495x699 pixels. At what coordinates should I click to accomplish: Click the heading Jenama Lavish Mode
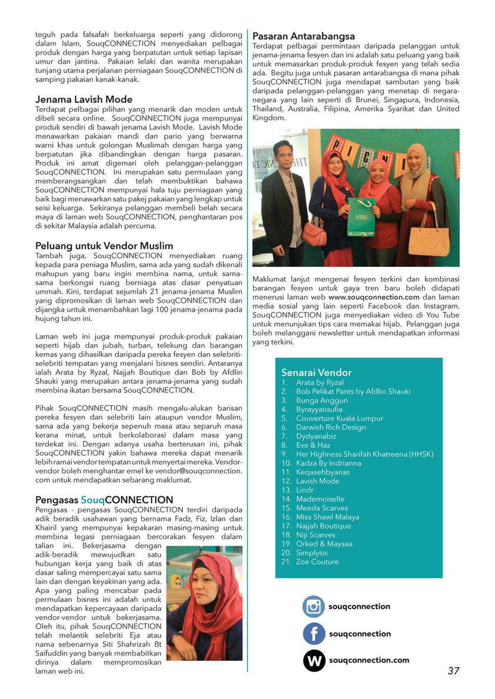tap(84, 99)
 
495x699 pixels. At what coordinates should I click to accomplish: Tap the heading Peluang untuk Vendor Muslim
tap(104, 245)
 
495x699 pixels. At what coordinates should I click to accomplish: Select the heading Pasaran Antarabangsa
tap(303, 36)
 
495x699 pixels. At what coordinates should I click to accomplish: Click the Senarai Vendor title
tap(316, 372)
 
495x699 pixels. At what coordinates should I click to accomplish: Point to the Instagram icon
tap(314, 606)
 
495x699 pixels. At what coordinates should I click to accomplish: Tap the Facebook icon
tap(314, 634)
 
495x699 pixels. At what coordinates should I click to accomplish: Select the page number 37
tap(453, 671)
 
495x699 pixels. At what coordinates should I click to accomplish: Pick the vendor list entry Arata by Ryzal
tap(320, 382)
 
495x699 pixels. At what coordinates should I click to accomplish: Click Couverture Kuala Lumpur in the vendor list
tap(340, 418)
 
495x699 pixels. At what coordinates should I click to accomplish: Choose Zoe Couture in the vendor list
tap(317, 561)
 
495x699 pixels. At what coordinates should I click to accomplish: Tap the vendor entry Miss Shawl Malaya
tap(328, 517)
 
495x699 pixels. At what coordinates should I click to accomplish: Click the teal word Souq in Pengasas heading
tap(92, 500)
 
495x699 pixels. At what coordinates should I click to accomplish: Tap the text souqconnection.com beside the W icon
tap(369, 660)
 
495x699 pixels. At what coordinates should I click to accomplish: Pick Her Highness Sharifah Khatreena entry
tap(364, 454)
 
